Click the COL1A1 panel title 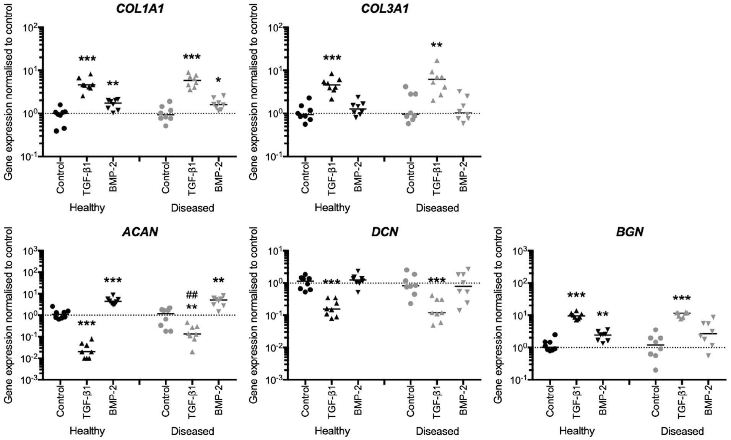pos(140,8)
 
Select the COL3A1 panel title pos(385,8)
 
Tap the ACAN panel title pos(140,232)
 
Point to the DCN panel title pos(385,232)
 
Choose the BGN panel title pos(630,232)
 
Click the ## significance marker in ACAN pos(192,295)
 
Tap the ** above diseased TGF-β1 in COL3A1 pos(437,46)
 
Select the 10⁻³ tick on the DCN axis pos(274,380)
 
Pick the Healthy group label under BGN pos(577,431)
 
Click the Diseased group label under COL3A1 pos(437,208)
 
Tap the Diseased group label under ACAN pos(192,431)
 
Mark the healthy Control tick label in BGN pos(550,401)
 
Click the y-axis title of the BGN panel pos(498,315)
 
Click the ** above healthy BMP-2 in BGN pos(603,315)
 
